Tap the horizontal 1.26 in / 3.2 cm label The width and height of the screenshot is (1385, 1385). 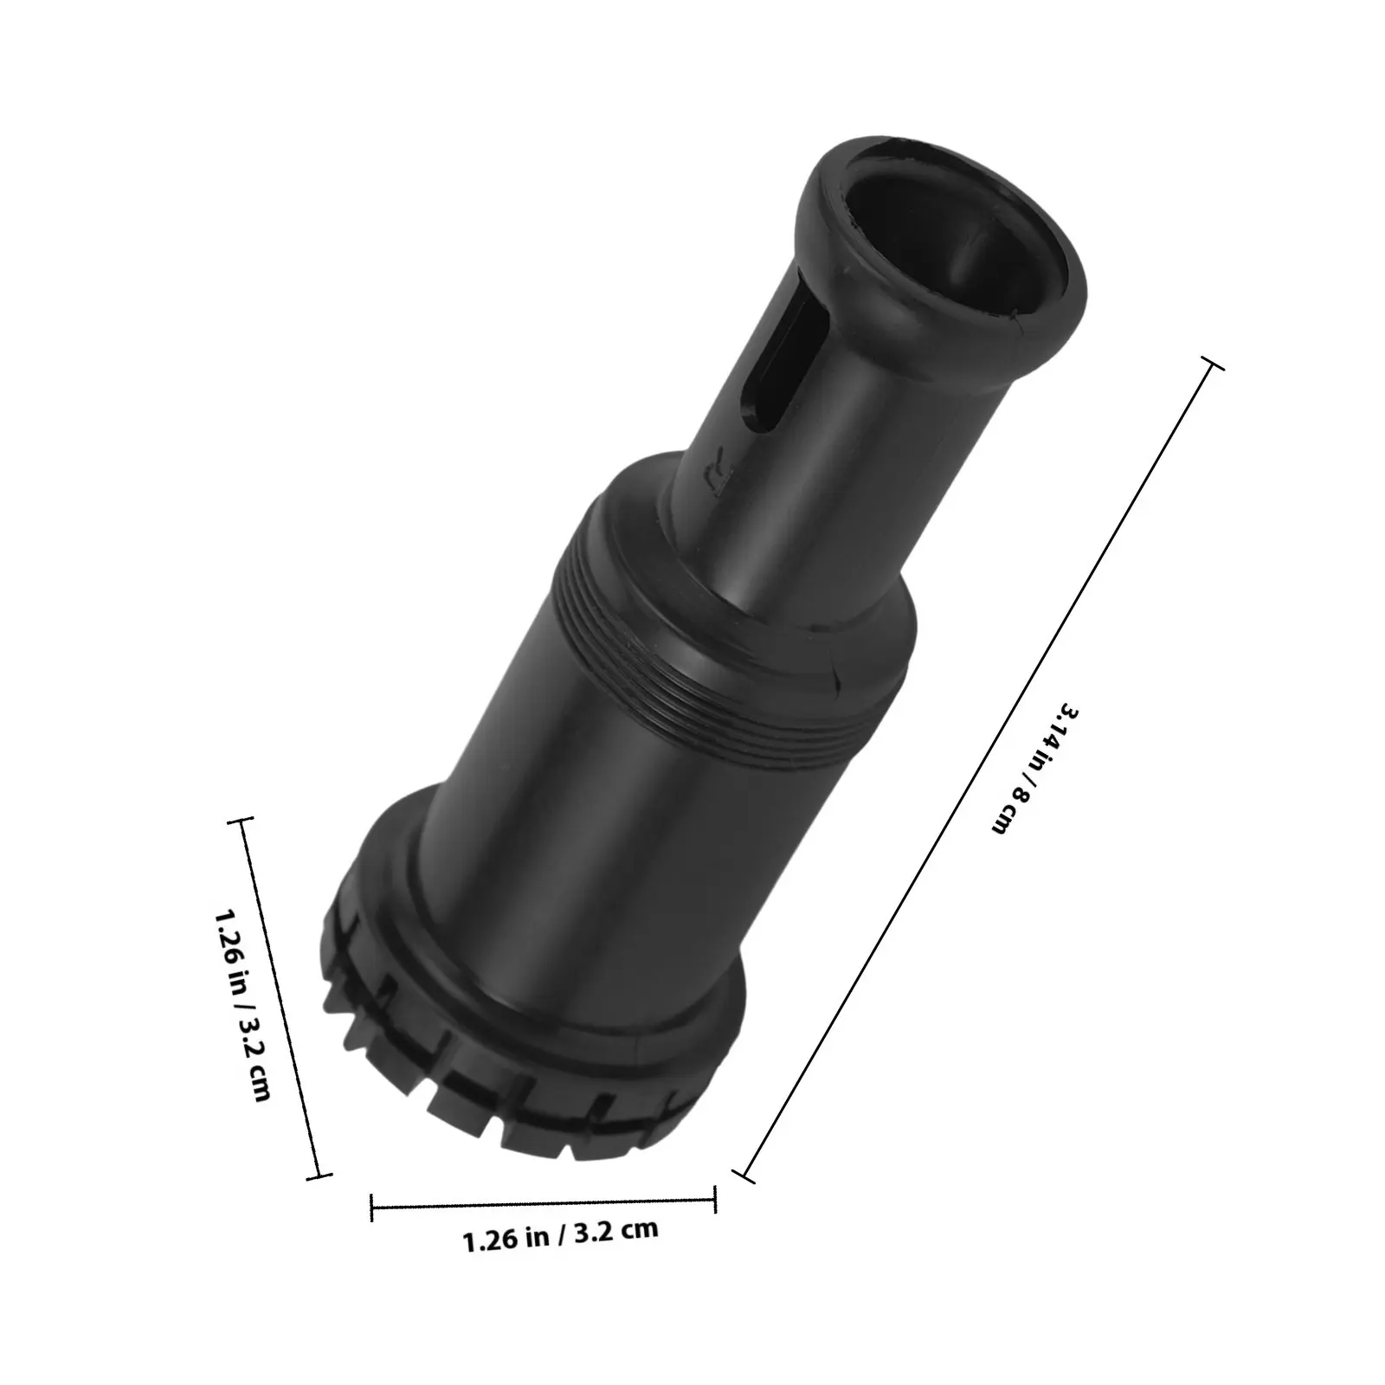[561, 1234]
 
